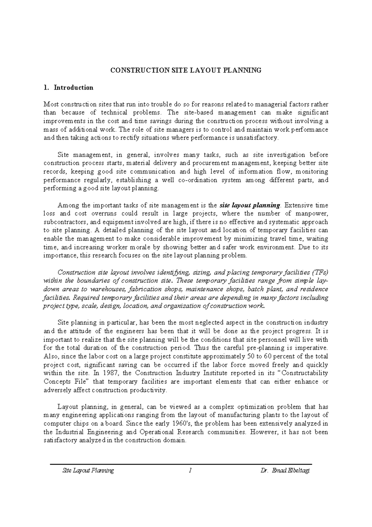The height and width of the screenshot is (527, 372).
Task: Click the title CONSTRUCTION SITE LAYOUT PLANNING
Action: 186,70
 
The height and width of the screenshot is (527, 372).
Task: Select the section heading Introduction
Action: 73,88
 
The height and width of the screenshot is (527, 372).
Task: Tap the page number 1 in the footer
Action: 188,470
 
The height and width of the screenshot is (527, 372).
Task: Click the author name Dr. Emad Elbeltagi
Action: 285,470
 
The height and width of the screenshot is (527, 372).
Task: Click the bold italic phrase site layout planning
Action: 250,205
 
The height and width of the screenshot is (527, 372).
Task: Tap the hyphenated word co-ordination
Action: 199,180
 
